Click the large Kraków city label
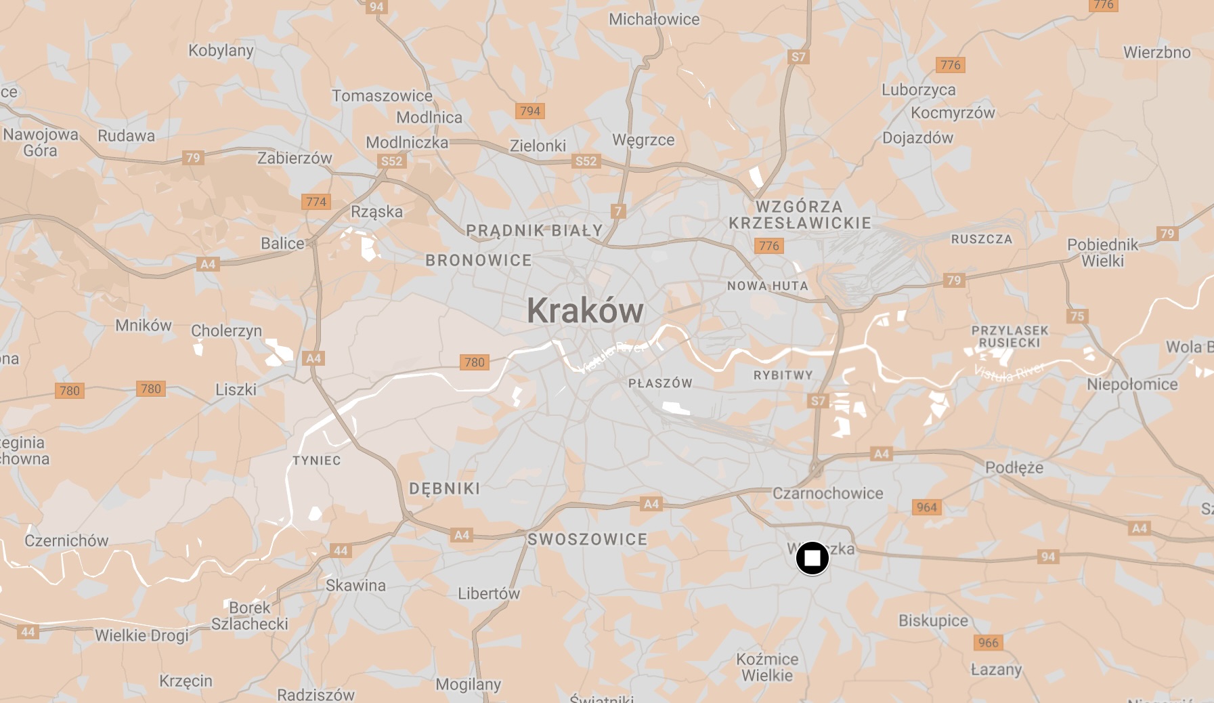tap(585, 311)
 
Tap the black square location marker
tap(812, 558)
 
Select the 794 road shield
tap(530, 111)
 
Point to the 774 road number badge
tap(316, 202)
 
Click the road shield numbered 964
tap(926, 507)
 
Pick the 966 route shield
tap(988, 643)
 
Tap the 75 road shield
tap(1077, 316)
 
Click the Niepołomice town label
tap(1132, 385)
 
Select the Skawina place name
tap(355, 585)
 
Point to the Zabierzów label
tap(295, 158)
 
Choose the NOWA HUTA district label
tap(768, 286)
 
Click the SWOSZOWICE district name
tap(587, 540)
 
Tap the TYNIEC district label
tap(316, 461)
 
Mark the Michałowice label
tap(654, 20)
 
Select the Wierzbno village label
tap(1156, 53)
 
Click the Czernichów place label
tap(66, 540)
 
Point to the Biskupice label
tap(933, 620)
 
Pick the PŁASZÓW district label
tap(660, 383)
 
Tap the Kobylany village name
tap(221, 51)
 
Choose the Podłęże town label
tap(1014, 467)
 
